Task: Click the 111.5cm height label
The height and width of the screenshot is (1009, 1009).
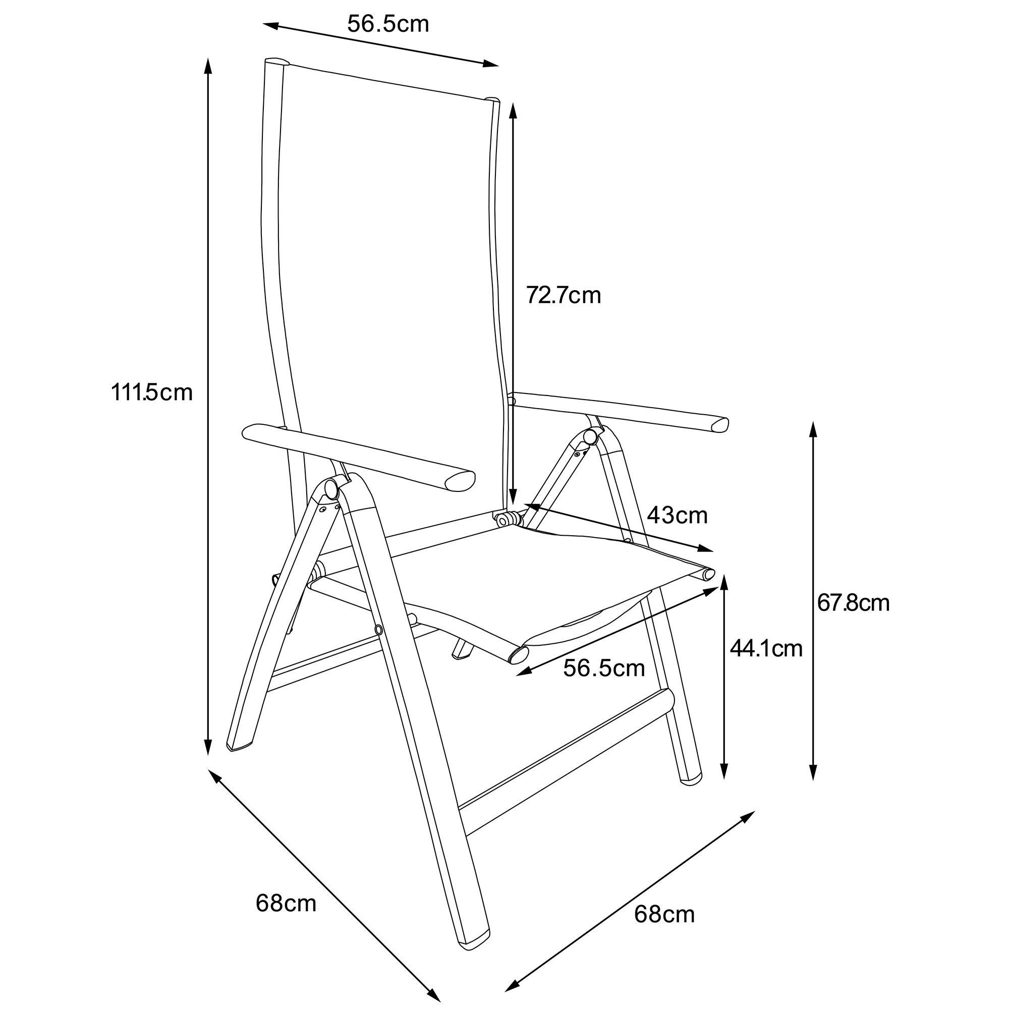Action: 151,392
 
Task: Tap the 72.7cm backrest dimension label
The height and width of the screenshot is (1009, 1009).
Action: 564,295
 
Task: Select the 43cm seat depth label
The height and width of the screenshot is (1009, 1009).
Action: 677,516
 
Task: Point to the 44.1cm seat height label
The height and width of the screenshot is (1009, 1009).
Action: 766,648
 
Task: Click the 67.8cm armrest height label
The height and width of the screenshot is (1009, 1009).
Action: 854,603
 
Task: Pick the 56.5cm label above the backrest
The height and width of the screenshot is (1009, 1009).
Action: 388,24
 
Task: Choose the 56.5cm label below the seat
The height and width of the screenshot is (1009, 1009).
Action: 604,668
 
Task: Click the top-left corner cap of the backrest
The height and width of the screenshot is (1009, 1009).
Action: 276,62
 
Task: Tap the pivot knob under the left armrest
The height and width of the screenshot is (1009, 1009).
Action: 331,489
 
